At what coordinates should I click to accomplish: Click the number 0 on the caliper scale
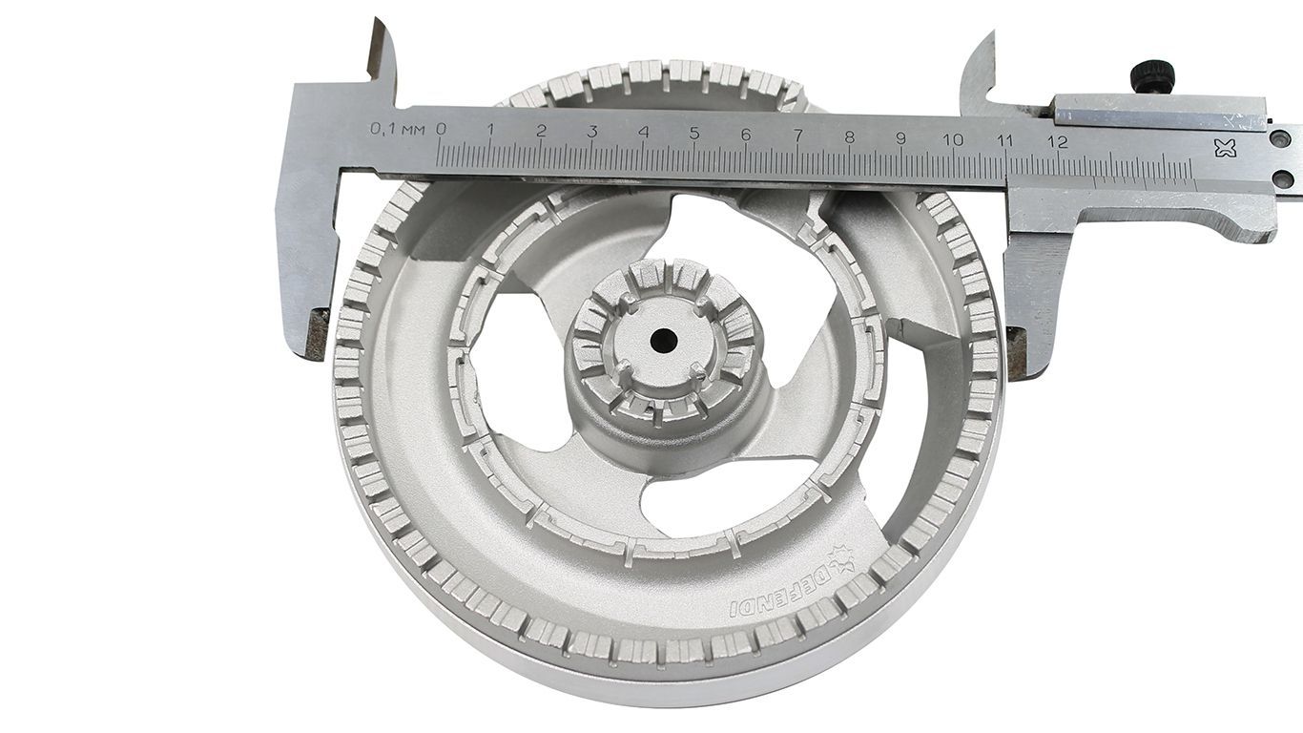(441, 129)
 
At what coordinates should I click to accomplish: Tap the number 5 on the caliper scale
(694, 134)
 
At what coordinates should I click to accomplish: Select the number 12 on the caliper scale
(1057, 141)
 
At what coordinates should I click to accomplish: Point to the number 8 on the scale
(849, 137)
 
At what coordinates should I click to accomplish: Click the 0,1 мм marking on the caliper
(398, 128)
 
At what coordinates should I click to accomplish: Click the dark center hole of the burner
(664, 340)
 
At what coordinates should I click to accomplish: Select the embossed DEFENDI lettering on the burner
(781, 593)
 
